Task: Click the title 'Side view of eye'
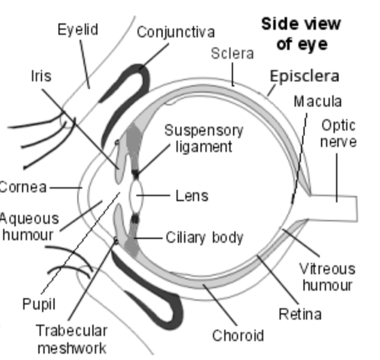coord(301,34)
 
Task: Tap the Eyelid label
coord(78,29)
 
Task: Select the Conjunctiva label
coord(175,32)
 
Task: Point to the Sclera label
coord(232,53)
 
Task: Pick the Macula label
coord(318,101)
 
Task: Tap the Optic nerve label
coord(339,133)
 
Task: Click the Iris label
coord(41,75)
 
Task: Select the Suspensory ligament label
coord(204,138)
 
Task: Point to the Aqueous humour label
coord(28,226)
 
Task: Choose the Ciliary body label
coord(204,237)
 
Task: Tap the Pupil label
coord(39,304)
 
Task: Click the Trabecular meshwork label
coord(72,338)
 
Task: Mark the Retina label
coord(300,313)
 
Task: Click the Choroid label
coord(238,335)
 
